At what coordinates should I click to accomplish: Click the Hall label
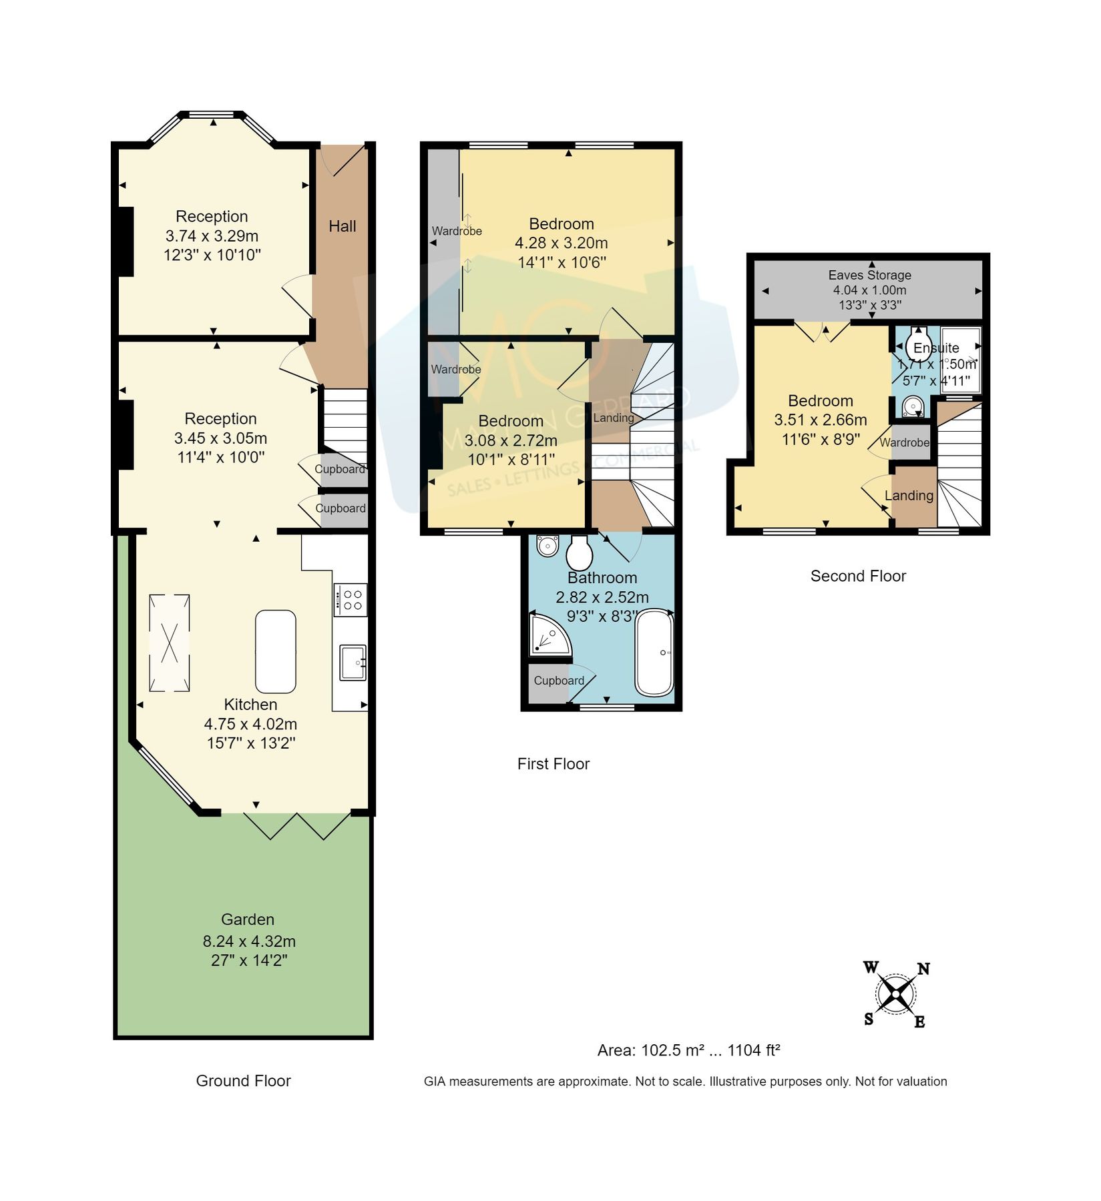coord(342,226)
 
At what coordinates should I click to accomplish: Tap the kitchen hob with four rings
coord(351,599)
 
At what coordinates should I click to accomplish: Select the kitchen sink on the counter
coord(352,662)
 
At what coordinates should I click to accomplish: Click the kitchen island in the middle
coord(275,651)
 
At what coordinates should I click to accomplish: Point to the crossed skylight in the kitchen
coord(169,643)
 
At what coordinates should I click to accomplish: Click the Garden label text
coord(248,919)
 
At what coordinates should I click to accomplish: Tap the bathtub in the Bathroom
coord(654,653)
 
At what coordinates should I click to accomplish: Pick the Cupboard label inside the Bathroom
coord(559,681)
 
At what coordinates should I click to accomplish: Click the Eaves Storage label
coord(869,275)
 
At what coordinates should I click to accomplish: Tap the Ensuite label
coord(936,348)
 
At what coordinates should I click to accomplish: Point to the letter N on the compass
coord(923,969)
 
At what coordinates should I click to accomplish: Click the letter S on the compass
coord(869,1019)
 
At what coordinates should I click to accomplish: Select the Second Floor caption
coord(858,576)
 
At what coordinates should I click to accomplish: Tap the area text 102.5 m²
coord(672,1050)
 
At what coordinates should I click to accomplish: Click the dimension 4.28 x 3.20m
coord(561,243)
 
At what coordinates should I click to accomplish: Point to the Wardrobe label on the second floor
coord(904,442)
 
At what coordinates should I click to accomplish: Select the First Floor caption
coord(553,764)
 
